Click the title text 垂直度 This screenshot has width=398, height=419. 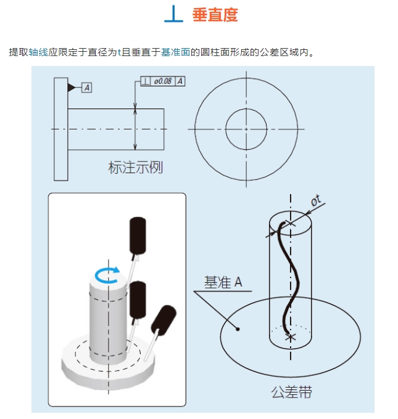[x=215, y=15]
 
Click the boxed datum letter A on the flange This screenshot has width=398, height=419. [x=86, y=88]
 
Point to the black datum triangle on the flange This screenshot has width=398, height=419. [x=72, y=88]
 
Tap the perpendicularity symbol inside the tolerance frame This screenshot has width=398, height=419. [x=146, y=81]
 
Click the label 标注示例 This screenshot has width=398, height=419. [x=136, y=168]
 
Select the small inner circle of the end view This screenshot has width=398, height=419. [x=246, y=129]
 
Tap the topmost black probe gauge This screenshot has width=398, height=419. [x=138, y=235]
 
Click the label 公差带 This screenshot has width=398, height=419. [x=291, y=393]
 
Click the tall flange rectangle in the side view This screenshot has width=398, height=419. [x=61, y=129]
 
